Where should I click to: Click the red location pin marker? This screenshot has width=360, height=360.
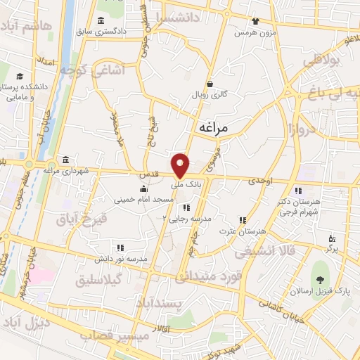click(181, 165)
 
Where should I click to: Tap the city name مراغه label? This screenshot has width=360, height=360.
click(215, 128)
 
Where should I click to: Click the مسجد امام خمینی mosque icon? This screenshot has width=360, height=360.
click(144, 188)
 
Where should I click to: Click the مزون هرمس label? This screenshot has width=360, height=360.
click(255, 33)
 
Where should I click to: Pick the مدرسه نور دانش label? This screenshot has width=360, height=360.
click(141, 259)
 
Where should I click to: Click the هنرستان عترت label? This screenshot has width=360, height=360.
click(243, 231)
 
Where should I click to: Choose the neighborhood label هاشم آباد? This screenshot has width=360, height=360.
click(28, 26)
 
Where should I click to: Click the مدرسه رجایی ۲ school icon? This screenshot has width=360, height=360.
click(186, 207)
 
